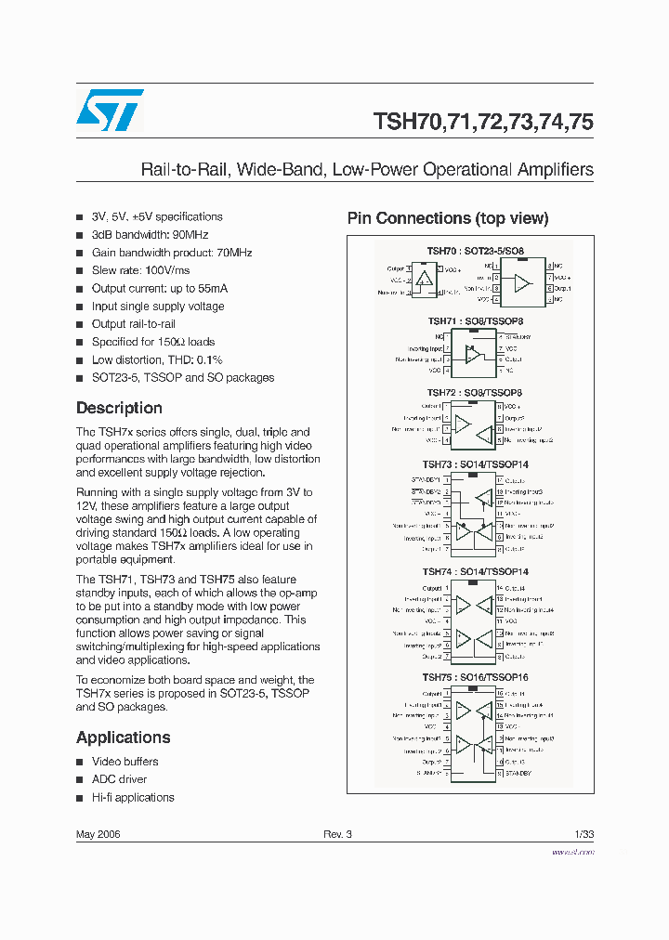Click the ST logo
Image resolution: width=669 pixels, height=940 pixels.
click(110, 110)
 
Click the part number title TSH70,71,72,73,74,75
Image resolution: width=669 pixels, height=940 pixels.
click(482, 122)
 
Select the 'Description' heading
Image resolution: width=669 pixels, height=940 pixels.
click(119, 408)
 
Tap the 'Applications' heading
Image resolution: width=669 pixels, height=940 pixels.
click(123, 738)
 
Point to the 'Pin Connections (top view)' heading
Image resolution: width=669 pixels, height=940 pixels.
click(448, 218)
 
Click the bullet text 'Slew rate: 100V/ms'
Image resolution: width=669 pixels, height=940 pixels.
click(140, 270)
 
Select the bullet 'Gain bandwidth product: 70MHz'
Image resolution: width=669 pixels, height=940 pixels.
click(172, 253)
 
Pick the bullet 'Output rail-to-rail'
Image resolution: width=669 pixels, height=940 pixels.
click(134, 324)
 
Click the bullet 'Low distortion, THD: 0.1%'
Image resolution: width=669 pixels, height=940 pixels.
click(157, 359)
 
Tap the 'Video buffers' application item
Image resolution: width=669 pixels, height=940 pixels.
click(125, 762)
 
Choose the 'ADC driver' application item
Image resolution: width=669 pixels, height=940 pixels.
click(119, 779)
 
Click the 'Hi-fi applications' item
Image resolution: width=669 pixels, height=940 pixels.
click(133, 797)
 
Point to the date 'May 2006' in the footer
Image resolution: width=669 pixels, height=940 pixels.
click(98, 834)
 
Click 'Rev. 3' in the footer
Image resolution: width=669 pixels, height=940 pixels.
click(337, 834)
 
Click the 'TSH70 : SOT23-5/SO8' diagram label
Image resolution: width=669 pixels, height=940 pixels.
click(476, 251)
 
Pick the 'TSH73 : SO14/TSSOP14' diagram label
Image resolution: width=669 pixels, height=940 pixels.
click(475, 465)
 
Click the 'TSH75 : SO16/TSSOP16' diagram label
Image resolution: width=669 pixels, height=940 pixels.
click(475, 678)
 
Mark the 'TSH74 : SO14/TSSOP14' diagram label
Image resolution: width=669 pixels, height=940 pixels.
click(475, 572)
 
